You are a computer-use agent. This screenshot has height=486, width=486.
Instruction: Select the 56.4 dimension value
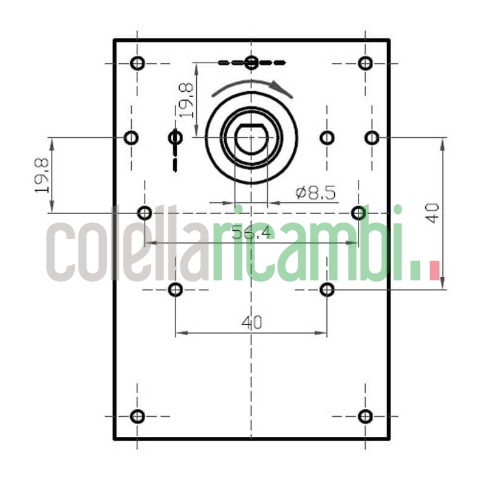(252, 233)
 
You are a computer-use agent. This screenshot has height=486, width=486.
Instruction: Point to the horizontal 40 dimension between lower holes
(252, 323)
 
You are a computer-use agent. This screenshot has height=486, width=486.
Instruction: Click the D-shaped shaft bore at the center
(251, 139)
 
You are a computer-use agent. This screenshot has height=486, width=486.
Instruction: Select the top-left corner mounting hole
(138, 63)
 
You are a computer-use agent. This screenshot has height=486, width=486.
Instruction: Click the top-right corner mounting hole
(365, 63)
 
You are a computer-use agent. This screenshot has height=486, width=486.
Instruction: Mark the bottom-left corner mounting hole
(138, 416)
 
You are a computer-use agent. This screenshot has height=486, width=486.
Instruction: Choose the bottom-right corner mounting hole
(365, 416)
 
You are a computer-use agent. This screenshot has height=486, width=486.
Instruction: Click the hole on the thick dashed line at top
(252, 62)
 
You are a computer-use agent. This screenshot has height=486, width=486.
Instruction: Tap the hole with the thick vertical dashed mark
(176, 138)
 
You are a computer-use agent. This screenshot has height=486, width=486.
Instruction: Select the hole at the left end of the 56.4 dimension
(145, 213)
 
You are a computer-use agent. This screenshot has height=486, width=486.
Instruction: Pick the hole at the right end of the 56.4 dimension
(359, 213)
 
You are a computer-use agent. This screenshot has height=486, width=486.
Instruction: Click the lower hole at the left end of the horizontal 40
(176, 289)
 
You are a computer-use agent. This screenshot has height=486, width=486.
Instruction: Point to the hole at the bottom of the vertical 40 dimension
(327, 289)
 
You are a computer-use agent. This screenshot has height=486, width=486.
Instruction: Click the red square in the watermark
(434, 270)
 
